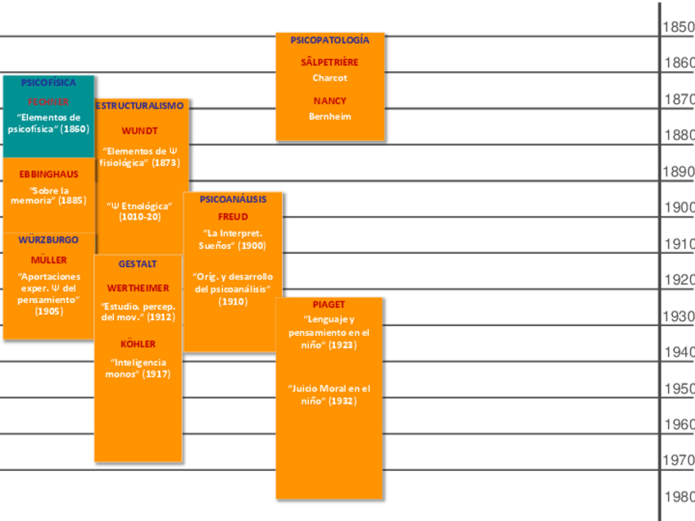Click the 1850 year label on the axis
[x=679, y=27]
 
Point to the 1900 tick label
[x=679, y=208]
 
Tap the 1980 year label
[x=679, y=497]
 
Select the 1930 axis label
[x=679, y=316]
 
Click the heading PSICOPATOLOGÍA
[x=329, y=39]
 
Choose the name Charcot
[x=329, y=78]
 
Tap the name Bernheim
[x=329, y=116]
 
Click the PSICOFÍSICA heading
[x=48, y=83]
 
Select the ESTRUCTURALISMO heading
[x=140, y=106]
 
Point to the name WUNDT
[x=140, y=131]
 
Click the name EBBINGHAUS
[x=49, y=174]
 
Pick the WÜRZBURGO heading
[x=49, y=240]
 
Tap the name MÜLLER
[x=49, y=260]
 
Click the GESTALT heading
[x=138, y=265]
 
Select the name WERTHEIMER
[x=138, y=288]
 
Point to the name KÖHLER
[x=138, y=344]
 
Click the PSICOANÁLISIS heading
[x=234, y=199]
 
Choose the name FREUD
[x=234, y=217]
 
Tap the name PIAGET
[x=329, y=305]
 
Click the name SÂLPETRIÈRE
[x=329, y=62]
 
